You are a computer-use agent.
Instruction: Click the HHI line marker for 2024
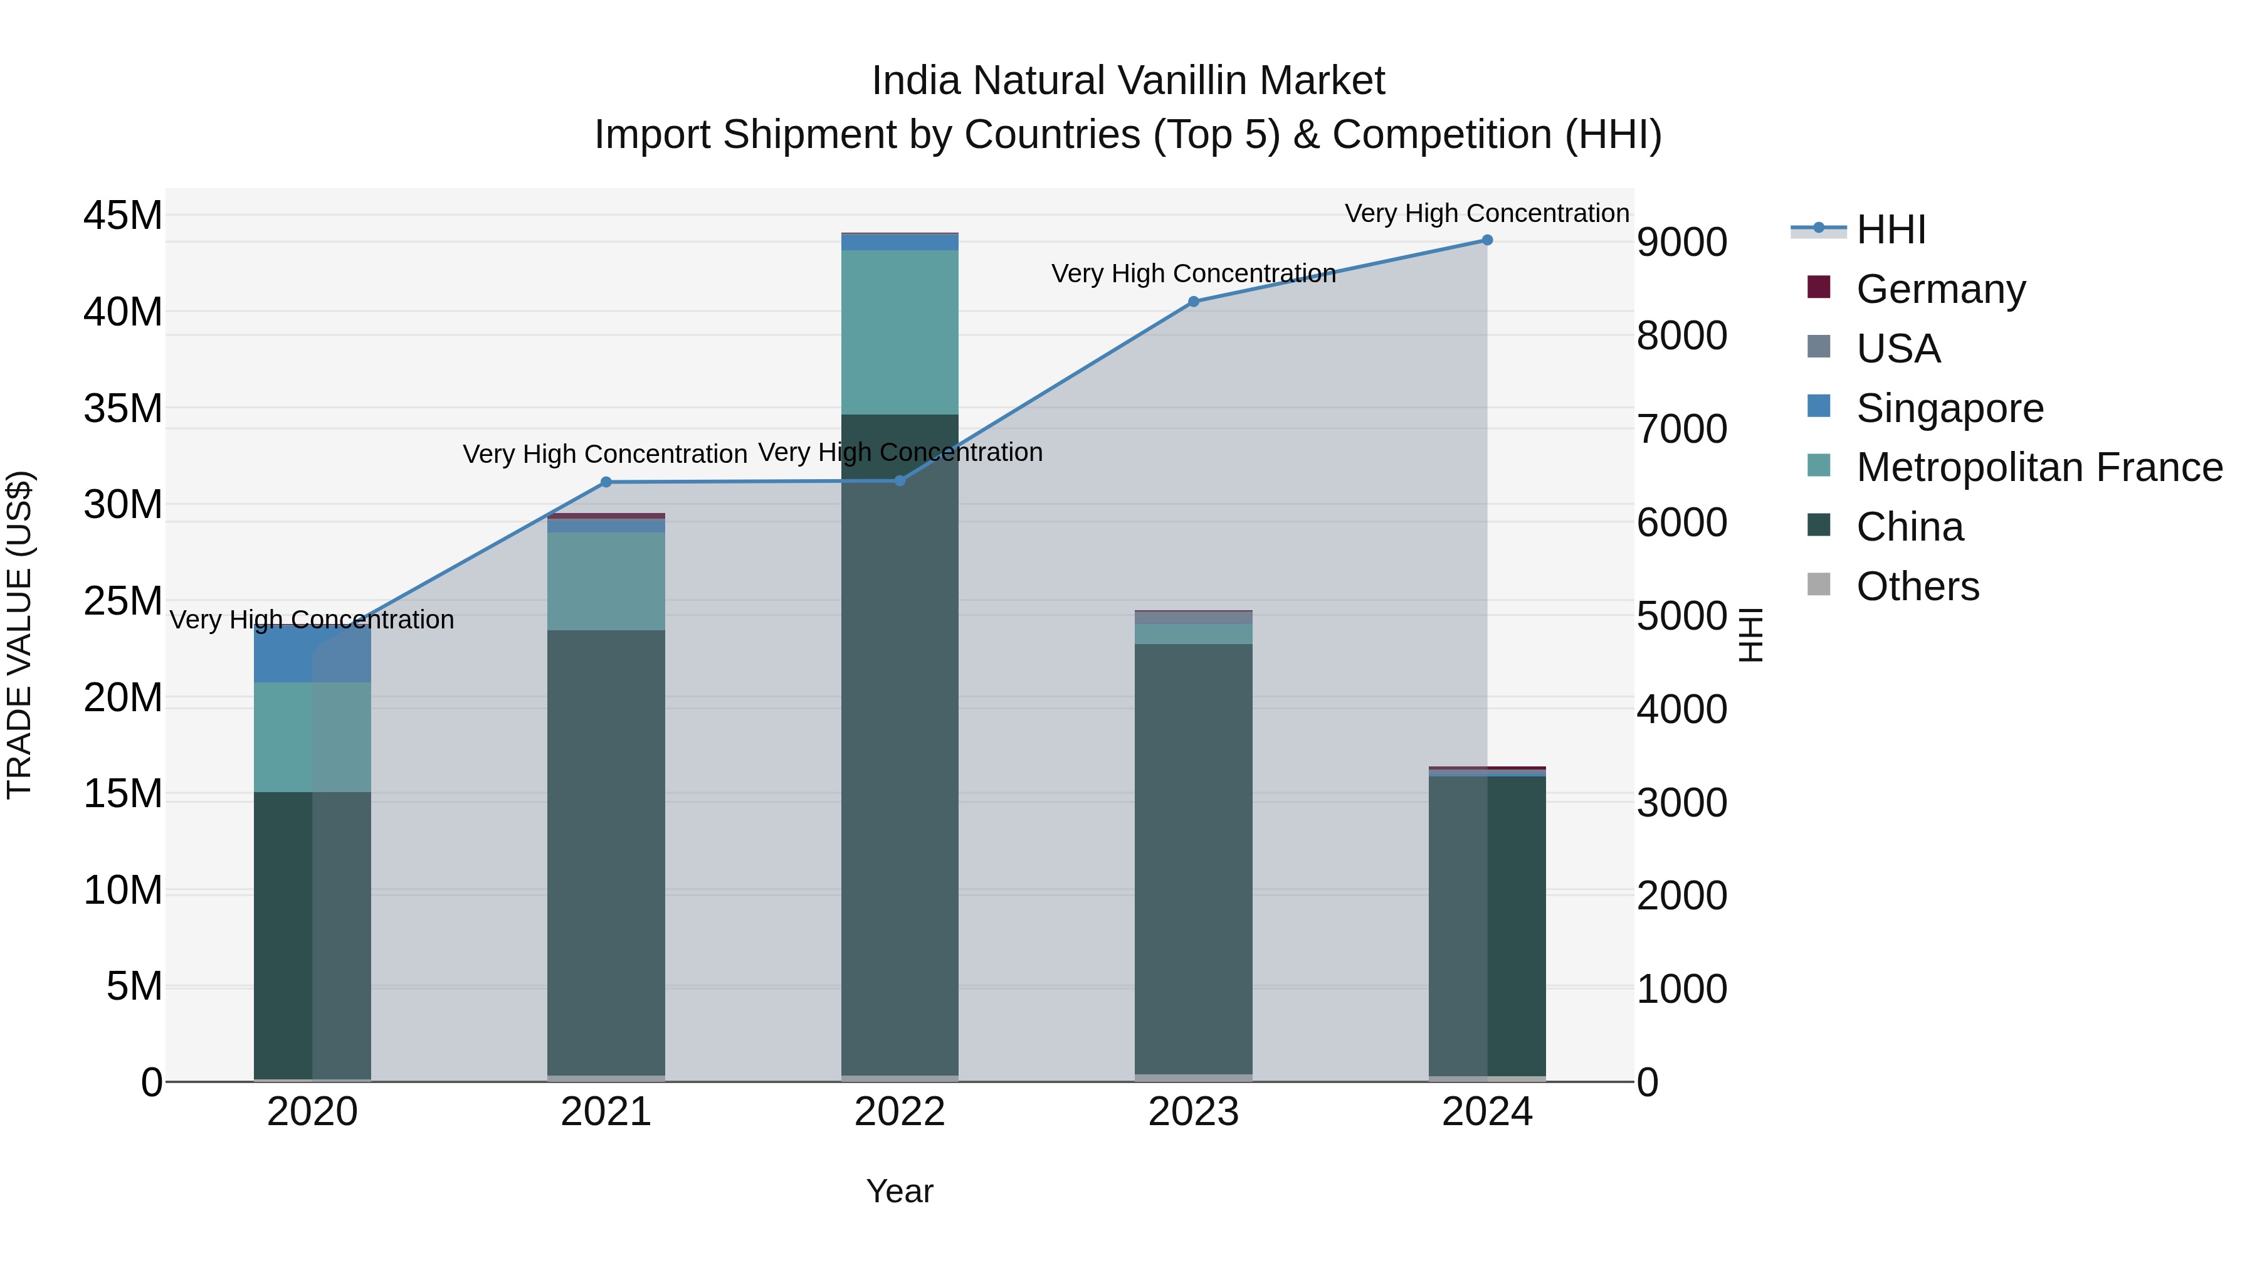click(x=1487, y=240)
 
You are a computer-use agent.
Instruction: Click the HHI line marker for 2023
click(x=1193, y=302)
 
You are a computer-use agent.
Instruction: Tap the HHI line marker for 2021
click(x=606, y=482)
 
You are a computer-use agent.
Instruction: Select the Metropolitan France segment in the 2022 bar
click(x=900, y=333)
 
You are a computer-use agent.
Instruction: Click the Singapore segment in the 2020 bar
click(x=313, y=655)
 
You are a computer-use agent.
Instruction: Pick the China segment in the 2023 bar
click(x=1193, y=859)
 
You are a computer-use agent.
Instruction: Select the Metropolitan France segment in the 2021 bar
click(x=606, y=581)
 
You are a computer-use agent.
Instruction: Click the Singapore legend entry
click(x=1949, y=408)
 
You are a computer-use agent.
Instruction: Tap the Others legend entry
click(x=1917, y=586)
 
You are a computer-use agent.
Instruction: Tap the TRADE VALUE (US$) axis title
click(x=19, y=635)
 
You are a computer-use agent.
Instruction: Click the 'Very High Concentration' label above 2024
click(x=1487, y=213)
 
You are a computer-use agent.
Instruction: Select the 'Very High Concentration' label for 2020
click(x=312, y=620)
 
